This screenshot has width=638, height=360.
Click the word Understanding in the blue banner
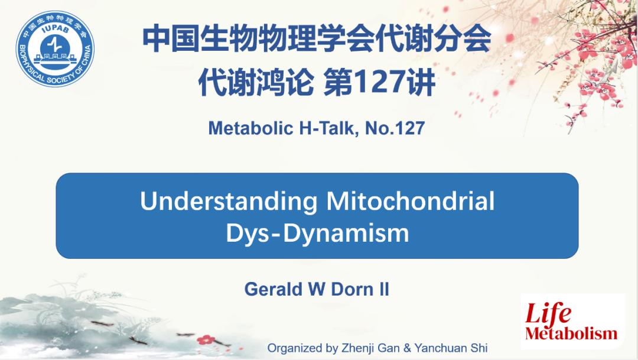tap(229, 201)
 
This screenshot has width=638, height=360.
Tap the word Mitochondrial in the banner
tap(411, 201)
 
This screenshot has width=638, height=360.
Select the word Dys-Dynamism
tap(317, 233)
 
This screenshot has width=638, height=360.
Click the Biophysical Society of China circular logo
tap(55, 49)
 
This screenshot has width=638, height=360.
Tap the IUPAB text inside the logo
tap(56, 31)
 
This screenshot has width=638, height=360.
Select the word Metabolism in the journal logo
tap(571, 333)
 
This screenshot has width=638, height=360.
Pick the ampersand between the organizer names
tap(407, 348)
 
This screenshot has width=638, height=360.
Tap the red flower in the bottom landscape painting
tap(206, 339)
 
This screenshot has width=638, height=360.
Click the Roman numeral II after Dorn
tap(384, 289)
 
